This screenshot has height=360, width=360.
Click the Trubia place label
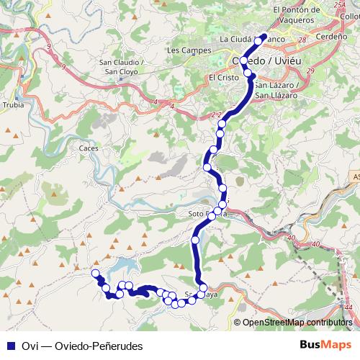pos(14,105)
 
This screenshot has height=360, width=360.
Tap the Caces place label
pos(89,148)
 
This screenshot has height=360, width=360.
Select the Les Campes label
pos(183,50)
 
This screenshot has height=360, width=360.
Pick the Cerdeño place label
pos(332,35)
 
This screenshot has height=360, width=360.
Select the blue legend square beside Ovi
pos(9,346)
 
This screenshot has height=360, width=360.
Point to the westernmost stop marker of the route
pos(95,273)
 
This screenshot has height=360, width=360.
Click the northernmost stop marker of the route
pos(263,36)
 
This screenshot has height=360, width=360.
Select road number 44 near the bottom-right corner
pos(348,307)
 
